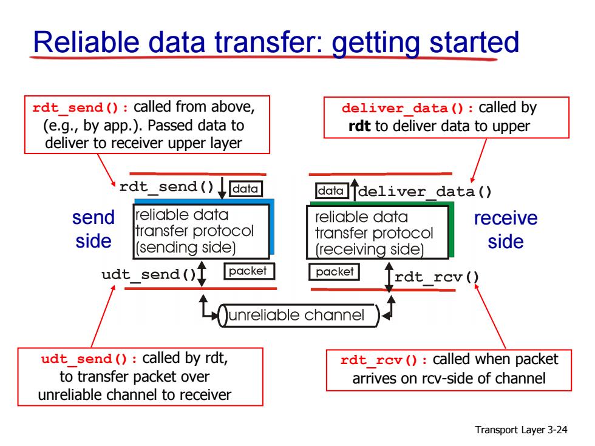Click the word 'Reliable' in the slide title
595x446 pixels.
point(86,42)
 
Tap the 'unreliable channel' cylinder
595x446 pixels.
point(299,316)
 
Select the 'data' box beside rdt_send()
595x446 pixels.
point(245,189)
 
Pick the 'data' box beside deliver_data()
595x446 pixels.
point(331,191)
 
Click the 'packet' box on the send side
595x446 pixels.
point(249,271)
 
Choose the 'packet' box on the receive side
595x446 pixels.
point(334,272)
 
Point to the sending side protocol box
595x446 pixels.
point(201,231)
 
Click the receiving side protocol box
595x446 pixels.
point(378,232)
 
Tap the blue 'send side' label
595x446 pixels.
point(93,229)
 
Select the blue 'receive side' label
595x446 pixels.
point(506,230)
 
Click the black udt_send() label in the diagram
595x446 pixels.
point(148,274)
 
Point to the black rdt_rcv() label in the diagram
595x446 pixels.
point(437,277)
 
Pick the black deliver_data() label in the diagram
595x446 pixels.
point(425,192)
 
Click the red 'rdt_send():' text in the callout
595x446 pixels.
point(80,108)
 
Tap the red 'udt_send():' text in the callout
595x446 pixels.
point(89,359)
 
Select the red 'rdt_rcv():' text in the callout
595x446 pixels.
point(384,360)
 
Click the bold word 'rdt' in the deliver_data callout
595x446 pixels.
point(359,126)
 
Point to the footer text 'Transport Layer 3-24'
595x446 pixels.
point(521,430)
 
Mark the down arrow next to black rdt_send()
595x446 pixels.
point(222,188)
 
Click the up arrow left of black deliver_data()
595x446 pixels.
point(354,189)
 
